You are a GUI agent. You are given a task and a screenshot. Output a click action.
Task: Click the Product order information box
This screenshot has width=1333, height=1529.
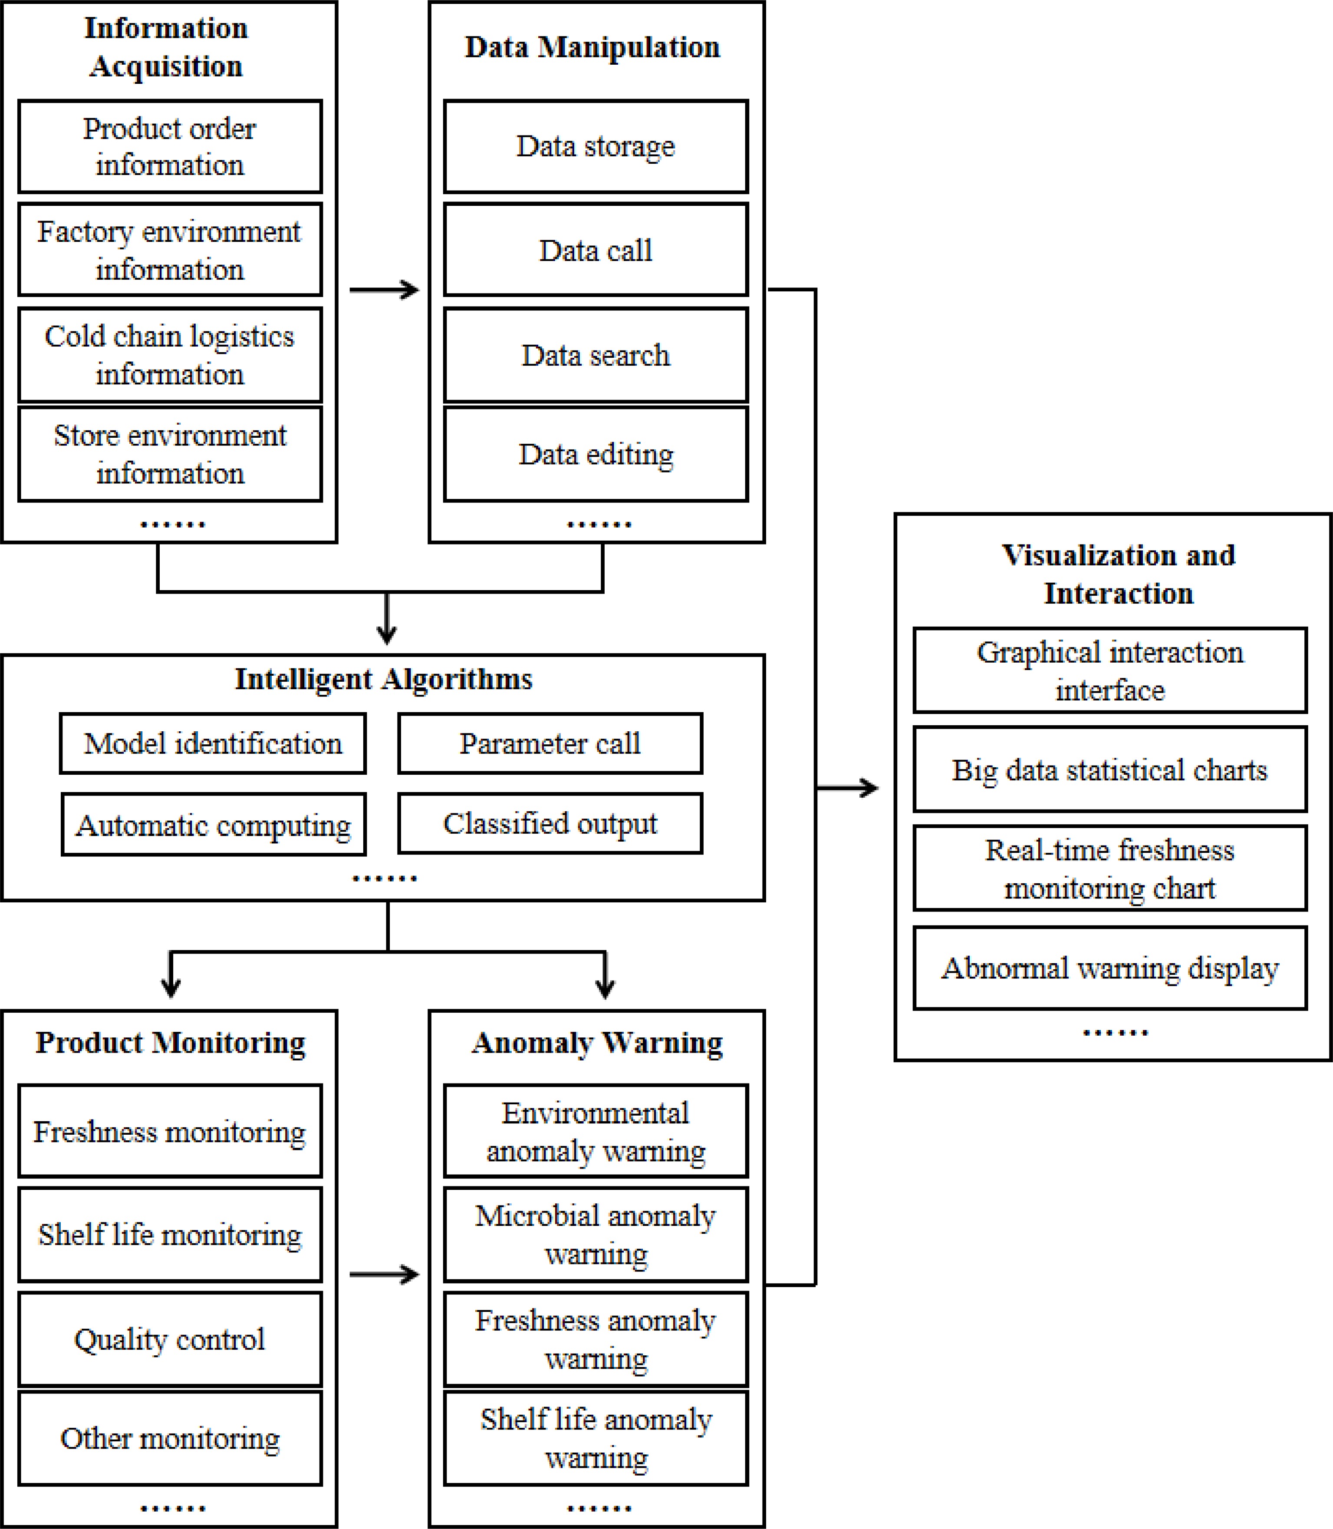[x=170, y=147]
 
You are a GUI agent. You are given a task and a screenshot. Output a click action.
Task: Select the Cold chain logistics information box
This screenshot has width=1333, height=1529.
[x=170, y=355]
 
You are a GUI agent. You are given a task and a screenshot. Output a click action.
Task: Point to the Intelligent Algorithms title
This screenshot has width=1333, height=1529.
[x=383, y=679]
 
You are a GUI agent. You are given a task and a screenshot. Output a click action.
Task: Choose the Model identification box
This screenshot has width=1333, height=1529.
[x=213, y=743]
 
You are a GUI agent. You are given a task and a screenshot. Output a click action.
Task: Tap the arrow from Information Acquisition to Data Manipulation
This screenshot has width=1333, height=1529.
[x=384, y=290]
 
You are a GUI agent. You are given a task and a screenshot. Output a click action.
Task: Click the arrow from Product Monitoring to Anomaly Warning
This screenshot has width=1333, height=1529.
[x=384, y=1275]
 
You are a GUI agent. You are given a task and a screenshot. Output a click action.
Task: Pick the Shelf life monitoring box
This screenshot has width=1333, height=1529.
[x=170, y=1235]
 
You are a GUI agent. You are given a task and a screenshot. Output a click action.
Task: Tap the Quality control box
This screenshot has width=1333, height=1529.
[x=170, y=1339]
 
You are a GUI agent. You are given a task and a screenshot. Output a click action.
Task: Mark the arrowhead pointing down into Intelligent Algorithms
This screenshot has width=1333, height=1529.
[x=386, y=634]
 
